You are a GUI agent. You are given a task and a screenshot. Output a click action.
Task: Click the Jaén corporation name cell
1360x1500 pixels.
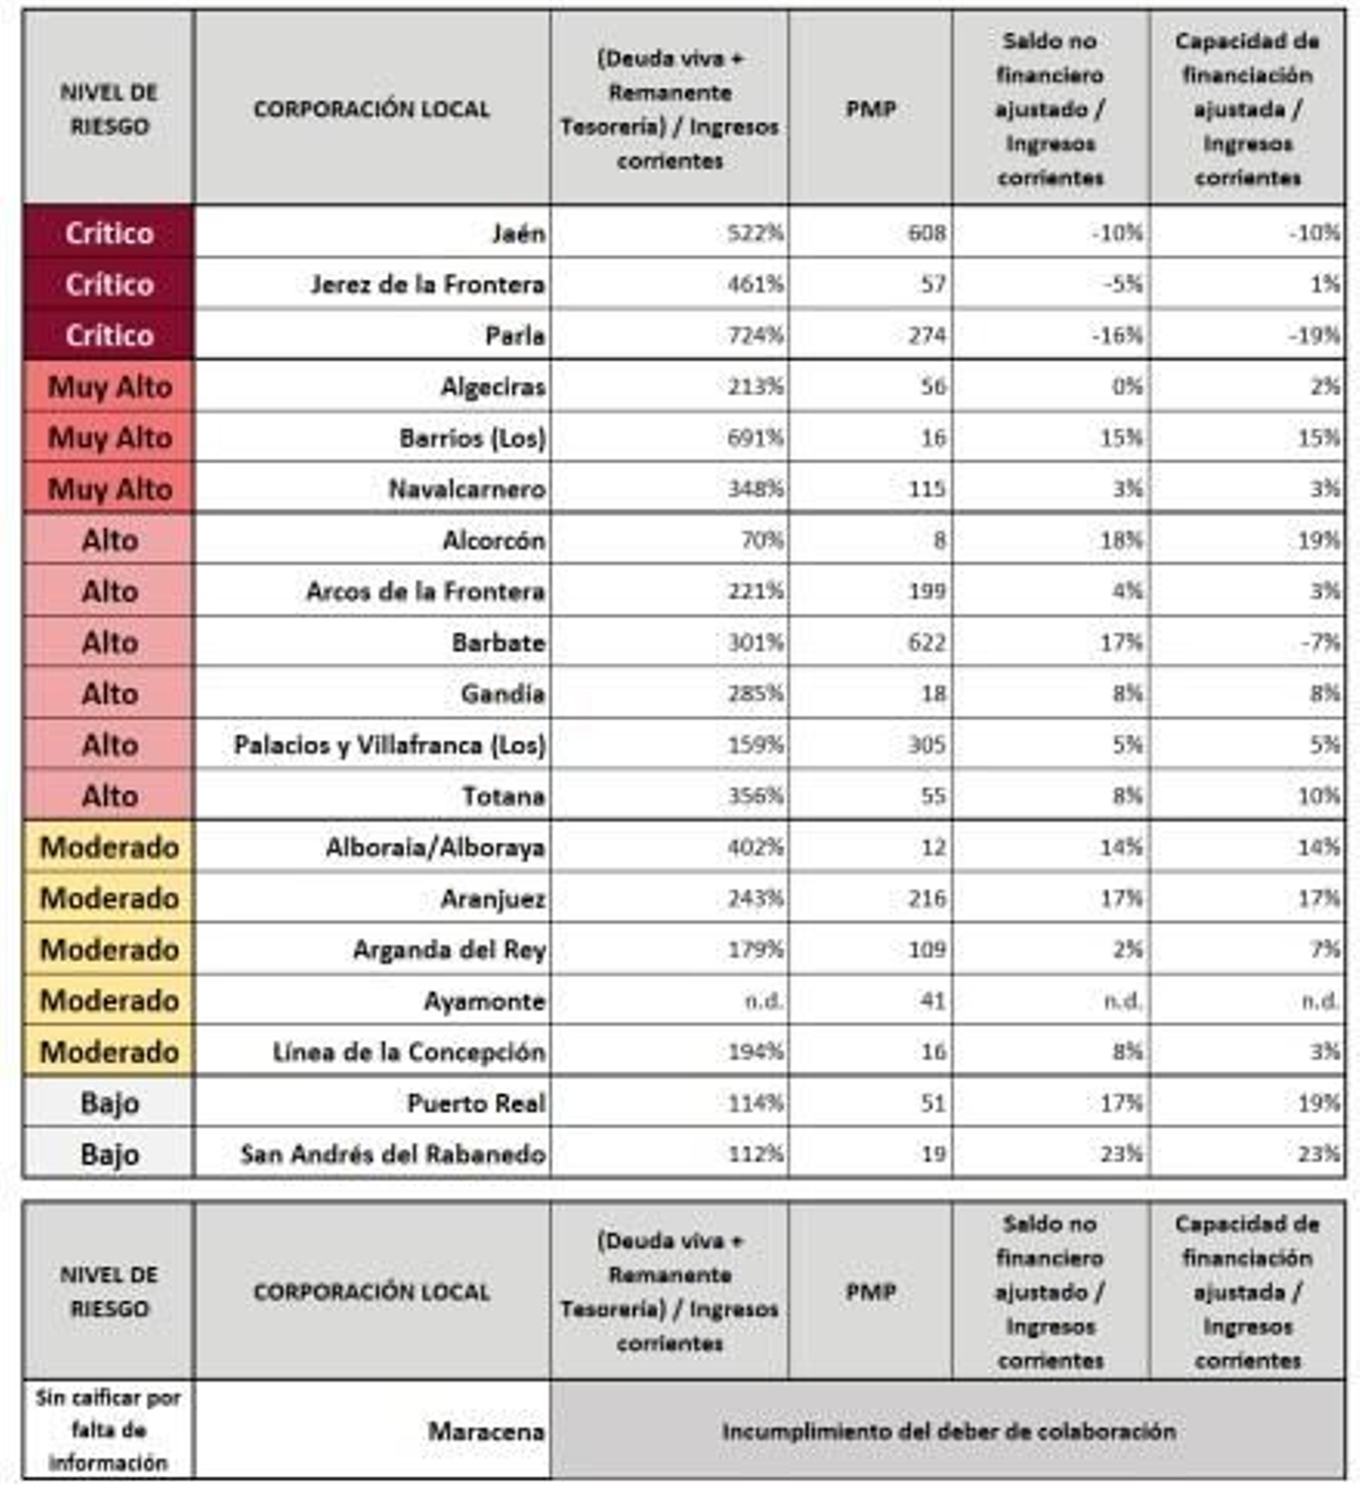tap(518, 233)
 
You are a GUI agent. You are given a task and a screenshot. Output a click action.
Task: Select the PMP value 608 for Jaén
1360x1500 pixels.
tap(926, 233)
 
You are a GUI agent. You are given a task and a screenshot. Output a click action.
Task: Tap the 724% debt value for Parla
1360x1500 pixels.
tap(755, 336)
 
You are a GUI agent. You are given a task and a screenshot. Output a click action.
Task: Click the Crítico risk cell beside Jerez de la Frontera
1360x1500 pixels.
tap(110, 284)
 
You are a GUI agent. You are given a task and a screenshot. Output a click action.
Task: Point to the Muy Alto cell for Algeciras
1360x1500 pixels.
tap(110, 387)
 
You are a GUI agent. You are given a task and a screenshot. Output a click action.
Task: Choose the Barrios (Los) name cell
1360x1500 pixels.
tap(473, 438)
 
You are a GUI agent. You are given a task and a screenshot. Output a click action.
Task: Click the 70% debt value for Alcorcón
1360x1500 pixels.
tap(762, 540)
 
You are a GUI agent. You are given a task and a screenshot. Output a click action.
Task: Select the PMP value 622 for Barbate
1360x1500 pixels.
tap(926, 643)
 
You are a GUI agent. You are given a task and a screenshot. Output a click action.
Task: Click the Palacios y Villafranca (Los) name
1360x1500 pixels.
tap(389, 745)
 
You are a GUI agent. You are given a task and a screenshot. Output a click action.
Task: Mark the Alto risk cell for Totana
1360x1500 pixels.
tap(110, 796)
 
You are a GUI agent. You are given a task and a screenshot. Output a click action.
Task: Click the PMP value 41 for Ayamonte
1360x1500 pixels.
tap(932, 1001)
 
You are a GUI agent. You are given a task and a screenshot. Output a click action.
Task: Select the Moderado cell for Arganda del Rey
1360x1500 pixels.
tap(110, 950)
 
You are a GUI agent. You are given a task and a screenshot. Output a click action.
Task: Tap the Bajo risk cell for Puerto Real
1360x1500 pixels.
tap(110, 1104)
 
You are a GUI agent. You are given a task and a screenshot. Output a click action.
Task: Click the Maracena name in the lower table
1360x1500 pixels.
tap(485, 1432)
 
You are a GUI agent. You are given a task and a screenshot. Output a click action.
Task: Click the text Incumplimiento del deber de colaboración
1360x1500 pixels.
tap(949, 1432)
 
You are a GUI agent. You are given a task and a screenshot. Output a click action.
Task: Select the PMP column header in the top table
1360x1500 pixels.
tap(870, 109)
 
